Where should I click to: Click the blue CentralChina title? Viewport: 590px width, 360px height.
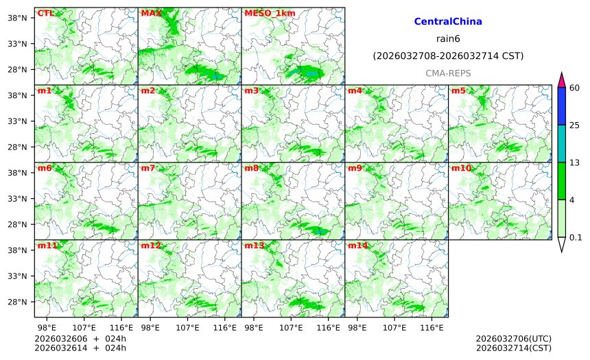[448, 22]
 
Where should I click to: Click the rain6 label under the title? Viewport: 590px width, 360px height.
[448, 38]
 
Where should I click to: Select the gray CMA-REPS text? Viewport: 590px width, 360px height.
[448, 73]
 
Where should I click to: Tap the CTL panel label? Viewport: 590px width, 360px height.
[46, 13]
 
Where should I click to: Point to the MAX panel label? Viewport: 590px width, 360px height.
[150, 13]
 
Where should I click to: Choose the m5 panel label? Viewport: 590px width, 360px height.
[458, 91]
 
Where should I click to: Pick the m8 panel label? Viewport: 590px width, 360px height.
[252, 168]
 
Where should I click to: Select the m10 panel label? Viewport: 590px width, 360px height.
[461, 168]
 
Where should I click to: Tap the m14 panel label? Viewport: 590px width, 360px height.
[357, 245]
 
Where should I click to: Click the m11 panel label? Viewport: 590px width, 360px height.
[47, 245]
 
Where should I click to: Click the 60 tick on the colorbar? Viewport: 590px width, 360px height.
[575, 87]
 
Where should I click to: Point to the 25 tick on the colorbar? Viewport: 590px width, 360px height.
[575, 125]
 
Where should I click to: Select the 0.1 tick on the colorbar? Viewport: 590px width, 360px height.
[576, 237]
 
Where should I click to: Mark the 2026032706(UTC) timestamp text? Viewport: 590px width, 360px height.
[513, 339]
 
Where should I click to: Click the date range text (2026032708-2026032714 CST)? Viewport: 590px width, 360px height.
[448, 56]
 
